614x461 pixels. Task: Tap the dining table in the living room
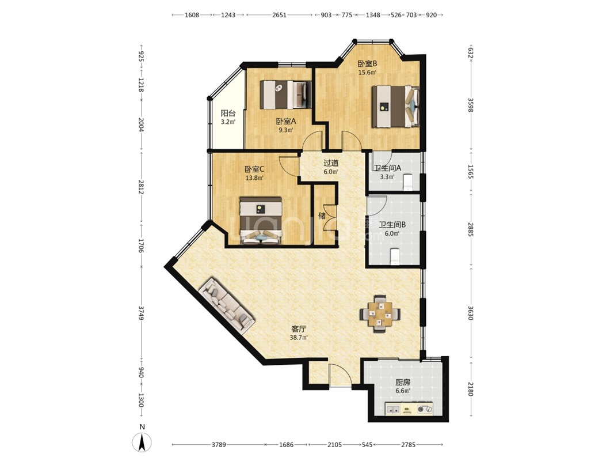pyautogui.click(x=380, y=314)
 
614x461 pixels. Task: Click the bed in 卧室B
pyautogui.click(x=395, y=107)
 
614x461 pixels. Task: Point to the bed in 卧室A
pyautogui.click(x=285, y=95)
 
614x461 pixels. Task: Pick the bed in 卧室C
pyautogui.click(x=261, y=221)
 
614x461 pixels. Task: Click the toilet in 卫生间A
pyautogui.click(x=407, y=182)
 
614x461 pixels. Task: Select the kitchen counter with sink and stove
pyautogui.click(x=409, y=409)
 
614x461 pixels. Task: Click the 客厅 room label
pyautogui.click(x=299, y=328)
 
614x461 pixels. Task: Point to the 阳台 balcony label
pyautogui.click(x=228, y=114)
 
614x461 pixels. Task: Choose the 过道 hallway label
pyautogui.click(x=331, y=163)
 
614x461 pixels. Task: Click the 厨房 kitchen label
pyautogui.click(x=403, y=382)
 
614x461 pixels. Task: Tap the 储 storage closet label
pyautogui.click(x=322, y=216)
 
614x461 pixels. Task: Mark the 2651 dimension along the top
pyautogui.click(x=279, y=15)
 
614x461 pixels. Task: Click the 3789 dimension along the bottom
pyautogui.click(x=219, y=444)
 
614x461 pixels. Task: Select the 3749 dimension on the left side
pyautogui.click(x=141, y=313)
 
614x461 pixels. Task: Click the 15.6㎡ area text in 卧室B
pyautogui.click(x=367, y=73)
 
